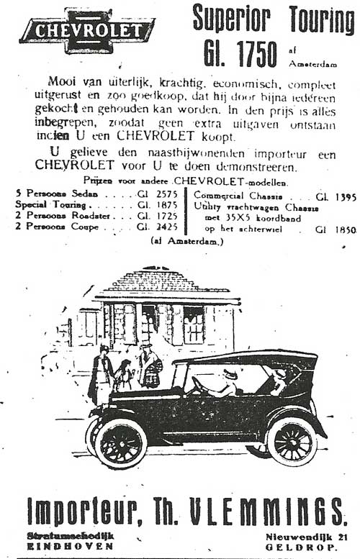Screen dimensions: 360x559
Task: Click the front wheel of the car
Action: (x=120, y=442)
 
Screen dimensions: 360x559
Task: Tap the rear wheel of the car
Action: (x=292, y=440)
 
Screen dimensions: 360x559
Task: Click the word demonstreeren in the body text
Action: (x=254, y=164)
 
